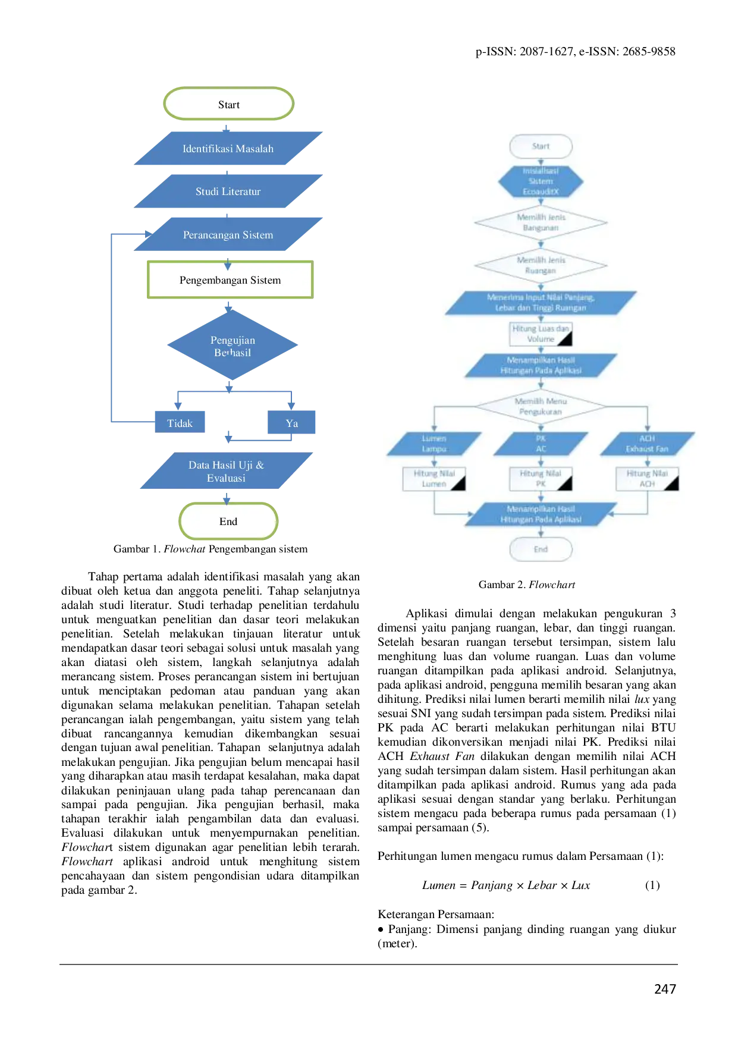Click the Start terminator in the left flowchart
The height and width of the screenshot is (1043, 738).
coord(229,105)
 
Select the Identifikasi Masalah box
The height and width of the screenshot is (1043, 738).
coord(228,148)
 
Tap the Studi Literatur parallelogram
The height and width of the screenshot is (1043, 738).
coord(228,191)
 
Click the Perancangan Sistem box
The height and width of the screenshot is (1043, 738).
coord(228,234)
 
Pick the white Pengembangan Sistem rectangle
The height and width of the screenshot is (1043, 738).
coord(229,279)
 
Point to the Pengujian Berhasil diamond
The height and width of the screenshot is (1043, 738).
coord(233,345)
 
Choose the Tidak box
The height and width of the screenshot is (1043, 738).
coord(180,423)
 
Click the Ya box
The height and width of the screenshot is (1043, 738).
coord(292,423)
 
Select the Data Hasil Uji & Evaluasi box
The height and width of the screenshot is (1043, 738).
coord(226,471)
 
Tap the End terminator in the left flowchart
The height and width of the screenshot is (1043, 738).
coord(228,521)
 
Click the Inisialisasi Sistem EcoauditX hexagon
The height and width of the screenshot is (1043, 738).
coord(541,181)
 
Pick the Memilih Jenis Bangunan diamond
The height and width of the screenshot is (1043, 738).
coord(541,222)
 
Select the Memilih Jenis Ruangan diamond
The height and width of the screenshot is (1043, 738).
coord(541,265)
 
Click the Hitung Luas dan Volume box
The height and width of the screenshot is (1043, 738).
coord(541,334)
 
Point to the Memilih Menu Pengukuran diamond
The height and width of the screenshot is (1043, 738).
coord(541,406)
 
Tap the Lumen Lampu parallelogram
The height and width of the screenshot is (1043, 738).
coord(434,444)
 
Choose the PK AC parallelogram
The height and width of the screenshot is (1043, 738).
coord(541,444)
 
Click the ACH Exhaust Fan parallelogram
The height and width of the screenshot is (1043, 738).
coord(647,444)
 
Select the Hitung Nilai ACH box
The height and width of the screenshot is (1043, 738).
coord(647,479)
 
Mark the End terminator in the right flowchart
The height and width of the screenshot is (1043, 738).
coord(541,549)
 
